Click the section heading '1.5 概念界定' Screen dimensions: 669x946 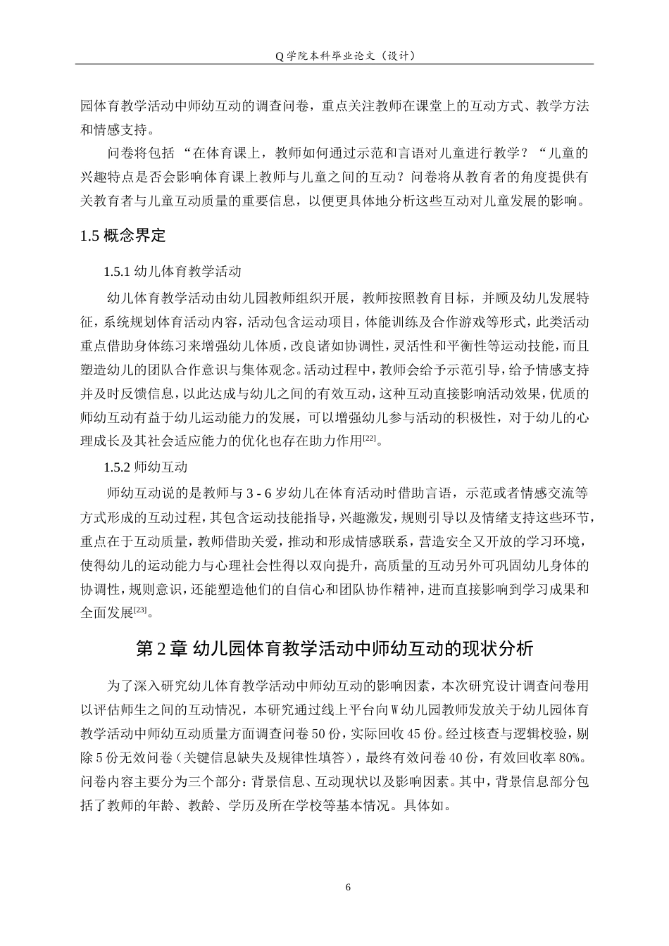pos(123,237)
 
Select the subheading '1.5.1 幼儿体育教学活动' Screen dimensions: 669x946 pos(172,272)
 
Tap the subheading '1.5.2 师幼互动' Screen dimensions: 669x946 pos(145,467)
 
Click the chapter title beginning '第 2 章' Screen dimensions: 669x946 pos(334,648)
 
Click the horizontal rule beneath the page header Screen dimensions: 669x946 pos(334,65)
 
